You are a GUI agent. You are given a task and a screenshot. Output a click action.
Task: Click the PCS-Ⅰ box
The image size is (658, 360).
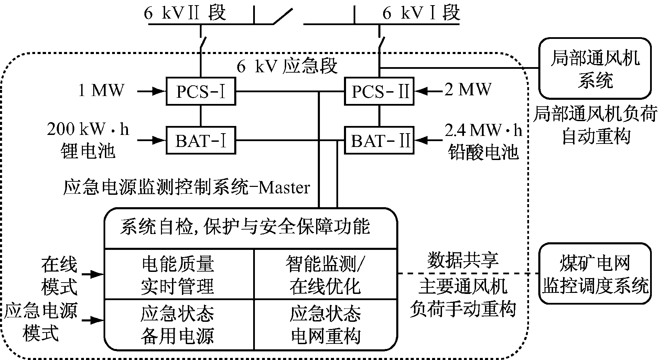point(201,92)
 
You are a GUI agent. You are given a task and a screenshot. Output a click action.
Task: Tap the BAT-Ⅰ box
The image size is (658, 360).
point(201,140)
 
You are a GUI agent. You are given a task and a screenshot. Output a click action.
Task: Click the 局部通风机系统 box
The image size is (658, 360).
point(595,68)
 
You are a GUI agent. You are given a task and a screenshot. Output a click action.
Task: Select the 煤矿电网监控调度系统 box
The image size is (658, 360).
point(595,274)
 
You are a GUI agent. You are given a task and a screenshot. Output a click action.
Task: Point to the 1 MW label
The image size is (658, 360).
point(101,90)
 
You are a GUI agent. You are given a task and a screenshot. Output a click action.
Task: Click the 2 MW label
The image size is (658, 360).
point(468,89)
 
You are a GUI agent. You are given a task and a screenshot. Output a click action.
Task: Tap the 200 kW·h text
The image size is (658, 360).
point(88,130)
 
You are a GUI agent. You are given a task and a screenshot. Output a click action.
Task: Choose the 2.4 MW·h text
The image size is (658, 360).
point(483,130)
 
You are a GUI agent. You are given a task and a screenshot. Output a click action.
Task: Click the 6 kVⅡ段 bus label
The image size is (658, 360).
point(185,13)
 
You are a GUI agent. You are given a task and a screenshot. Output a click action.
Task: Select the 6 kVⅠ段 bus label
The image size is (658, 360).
point(421,13)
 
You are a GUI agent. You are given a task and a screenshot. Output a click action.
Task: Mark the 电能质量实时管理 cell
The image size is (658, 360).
point(178,275)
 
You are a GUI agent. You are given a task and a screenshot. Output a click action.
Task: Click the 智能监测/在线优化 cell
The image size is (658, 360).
point(325,275)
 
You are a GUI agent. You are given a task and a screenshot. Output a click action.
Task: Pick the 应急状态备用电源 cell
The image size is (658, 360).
point(178,324)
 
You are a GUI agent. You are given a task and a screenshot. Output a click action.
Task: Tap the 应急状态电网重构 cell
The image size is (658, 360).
point(325,324)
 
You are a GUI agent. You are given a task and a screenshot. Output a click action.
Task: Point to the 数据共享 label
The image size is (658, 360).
point(463,261)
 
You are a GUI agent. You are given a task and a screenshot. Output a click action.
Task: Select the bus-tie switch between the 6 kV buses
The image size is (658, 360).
point(283,17)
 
